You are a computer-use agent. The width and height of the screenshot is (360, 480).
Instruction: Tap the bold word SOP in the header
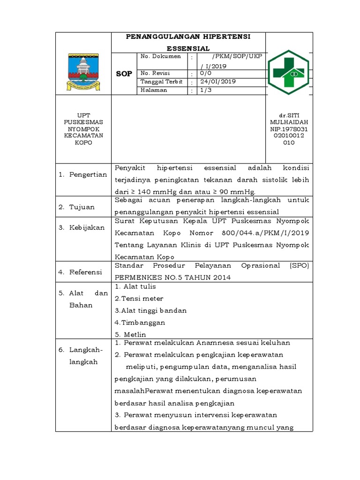click(x=124, y=74)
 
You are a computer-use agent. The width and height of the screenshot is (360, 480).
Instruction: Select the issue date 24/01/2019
click(x=217, y=82)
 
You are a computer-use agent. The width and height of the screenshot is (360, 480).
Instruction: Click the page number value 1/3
click(x=206, y=90)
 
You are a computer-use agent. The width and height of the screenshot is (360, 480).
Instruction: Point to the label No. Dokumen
click(x=161, y=57)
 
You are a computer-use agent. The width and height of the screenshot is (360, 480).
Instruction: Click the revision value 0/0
click(x=206, y=74)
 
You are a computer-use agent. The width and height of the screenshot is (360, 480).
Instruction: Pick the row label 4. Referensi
click(x=81, y=271)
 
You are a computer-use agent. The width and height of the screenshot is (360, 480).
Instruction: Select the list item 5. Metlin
click(x=130, y=334)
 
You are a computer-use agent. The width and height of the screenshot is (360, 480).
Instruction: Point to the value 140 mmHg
click(x=150, y=191)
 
